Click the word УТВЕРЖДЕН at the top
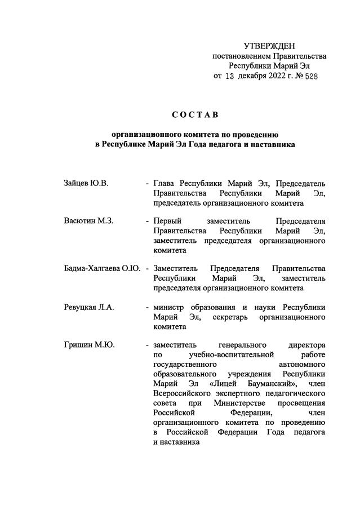(269, 46)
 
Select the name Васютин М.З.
(89, 220)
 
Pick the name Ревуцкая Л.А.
(90, 307)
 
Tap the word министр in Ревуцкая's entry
(172, 307)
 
